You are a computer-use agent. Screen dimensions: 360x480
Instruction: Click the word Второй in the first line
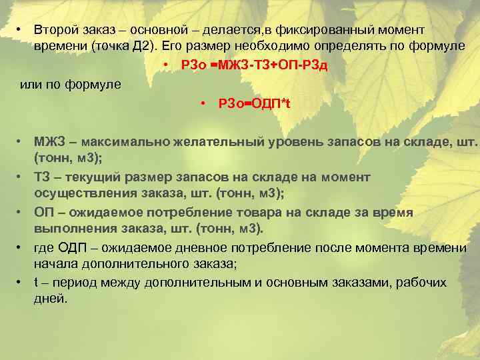tap(56, 31)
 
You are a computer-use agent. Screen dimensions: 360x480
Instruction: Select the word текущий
tap(90, 177)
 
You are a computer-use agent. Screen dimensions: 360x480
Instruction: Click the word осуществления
tap(81, 193)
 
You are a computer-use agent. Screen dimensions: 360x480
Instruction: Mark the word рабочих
tap(421, 282)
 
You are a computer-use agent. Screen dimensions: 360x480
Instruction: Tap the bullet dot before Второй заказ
tap(21, 31)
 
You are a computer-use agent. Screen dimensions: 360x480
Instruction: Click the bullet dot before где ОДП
tap(21, 248)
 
